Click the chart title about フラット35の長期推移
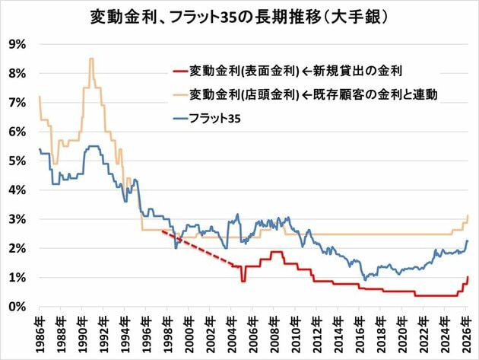click(239, 16)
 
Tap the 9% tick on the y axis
click(17, 44)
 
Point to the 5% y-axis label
click(17, 161)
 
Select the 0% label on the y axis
click(17, 307)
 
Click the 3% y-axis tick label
click(17, 219)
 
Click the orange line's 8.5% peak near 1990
click(91, 59)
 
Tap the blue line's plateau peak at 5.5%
click(94, 147)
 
